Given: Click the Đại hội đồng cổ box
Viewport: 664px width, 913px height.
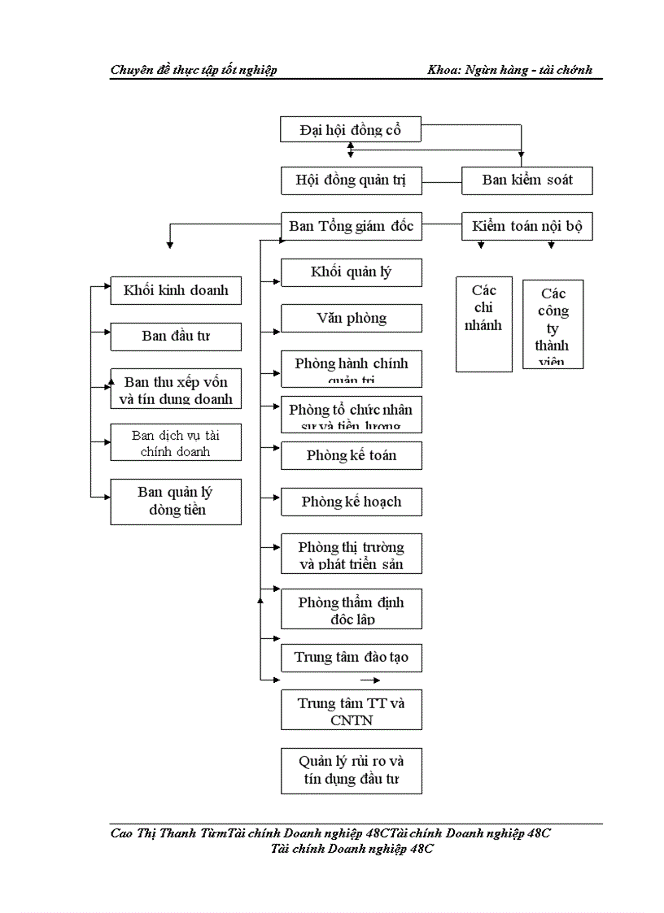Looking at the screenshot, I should tap(350, 129).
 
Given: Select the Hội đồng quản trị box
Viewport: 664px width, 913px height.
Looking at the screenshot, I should tap(351, 180).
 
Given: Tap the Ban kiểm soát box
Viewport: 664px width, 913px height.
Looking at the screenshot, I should tap(526, 180).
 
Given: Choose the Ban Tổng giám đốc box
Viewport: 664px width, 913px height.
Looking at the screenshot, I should tap(351, 226).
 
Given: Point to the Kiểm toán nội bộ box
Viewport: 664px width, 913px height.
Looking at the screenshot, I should tap(526, 226).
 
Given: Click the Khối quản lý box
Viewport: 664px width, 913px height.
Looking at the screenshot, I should tap(351, 272).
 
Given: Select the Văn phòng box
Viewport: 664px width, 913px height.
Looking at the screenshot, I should tap(351, 318).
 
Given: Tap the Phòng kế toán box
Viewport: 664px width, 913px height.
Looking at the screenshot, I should tap(351, 455).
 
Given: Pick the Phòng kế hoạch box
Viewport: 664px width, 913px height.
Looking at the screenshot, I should tap(351, 502).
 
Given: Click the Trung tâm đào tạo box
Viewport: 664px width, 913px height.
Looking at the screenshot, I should tap(351, 657).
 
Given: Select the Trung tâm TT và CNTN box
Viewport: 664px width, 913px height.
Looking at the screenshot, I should tap(351, 711).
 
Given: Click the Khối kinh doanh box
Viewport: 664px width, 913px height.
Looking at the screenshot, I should tap(176, 290).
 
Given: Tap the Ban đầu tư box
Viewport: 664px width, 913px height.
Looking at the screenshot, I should tap(176, 336).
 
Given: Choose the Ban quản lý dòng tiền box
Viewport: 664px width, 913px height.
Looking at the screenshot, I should tap(176, 501).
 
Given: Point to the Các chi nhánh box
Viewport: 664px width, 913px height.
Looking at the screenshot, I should tap(483, 324).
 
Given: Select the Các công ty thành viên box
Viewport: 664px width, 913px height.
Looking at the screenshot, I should tap(553, 324).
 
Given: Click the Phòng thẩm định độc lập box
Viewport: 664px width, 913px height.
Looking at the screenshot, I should tap(351, 609).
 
